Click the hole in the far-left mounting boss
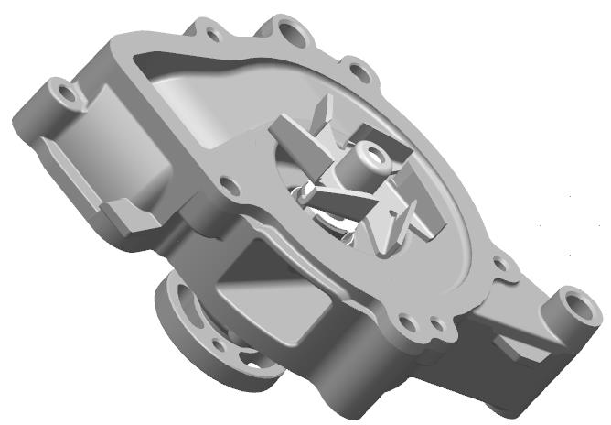coord(62,92)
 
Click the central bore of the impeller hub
coord(371,152)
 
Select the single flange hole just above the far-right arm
coord(500,264)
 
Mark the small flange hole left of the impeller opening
coord(230,186)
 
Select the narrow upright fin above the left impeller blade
coord(321,114)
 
